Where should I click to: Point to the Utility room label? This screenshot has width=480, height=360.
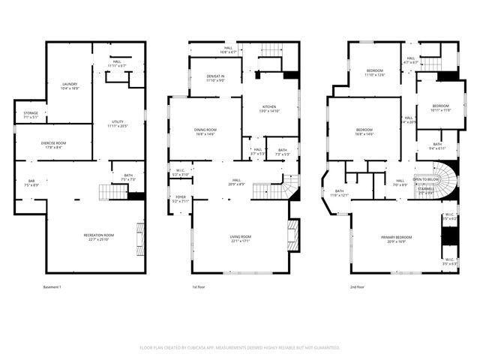coord(117,123)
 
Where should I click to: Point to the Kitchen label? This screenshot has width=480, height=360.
coord(269,108)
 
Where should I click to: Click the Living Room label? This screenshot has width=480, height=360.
coord(240,238)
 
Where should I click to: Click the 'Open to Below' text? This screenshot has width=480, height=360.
coord(426,179)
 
